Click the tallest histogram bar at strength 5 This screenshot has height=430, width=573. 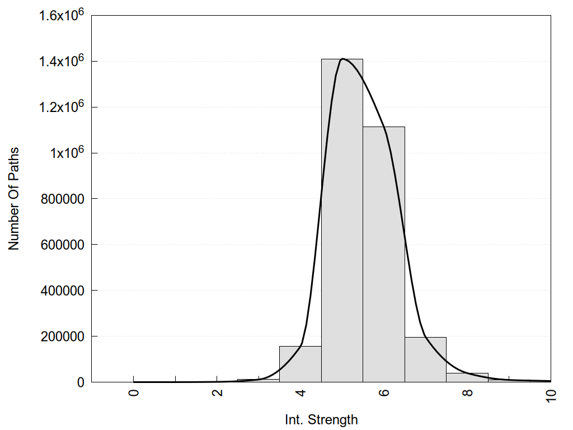click(x=342, y=224)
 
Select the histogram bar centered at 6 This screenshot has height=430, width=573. click(x=384, y=258)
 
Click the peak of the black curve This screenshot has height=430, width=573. click(x=342, y=59)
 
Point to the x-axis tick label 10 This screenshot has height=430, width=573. click(x=551, y=394)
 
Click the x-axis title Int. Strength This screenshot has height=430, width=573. click(x=321, y=419)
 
